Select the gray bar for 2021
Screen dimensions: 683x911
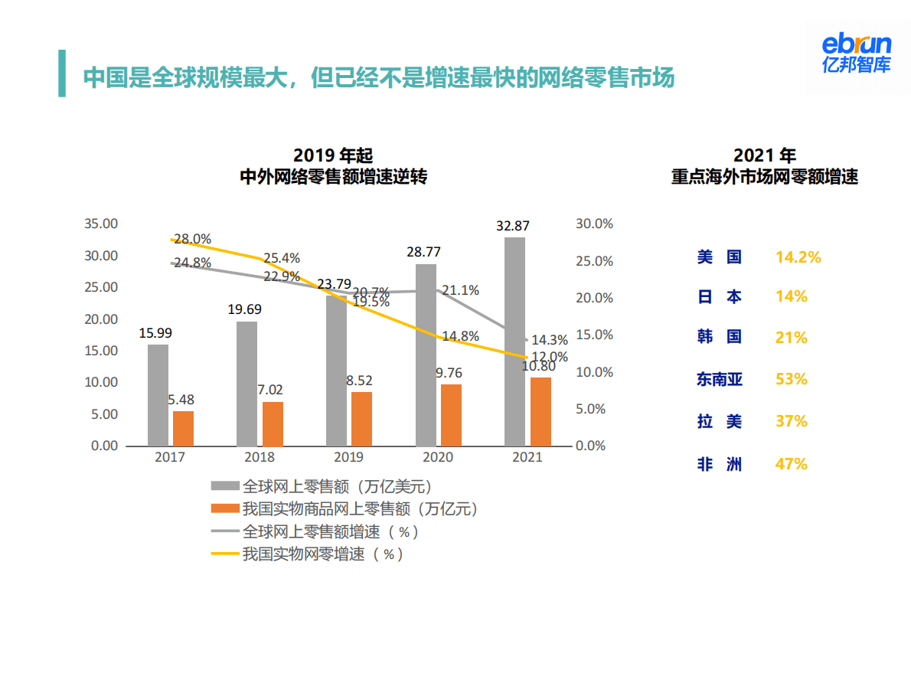[x=515, y=341]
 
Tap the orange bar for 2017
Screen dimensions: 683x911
[x=183, y=429]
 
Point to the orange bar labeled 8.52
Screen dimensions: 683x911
[x=361, y=419]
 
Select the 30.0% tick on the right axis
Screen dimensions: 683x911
[x=594, y=224]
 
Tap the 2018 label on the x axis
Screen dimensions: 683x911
[x=260, y=457]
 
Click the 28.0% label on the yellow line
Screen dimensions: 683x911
[x=192, y=239]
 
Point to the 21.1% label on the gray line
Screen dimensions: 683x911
[x=460, y=290]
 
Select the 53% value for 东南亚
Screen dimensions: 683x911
[x=792, y=379]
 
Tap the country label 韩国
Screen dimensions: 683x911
[x=719, y=338]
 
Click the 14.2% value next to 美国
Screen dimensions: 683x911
[x=798, y=257]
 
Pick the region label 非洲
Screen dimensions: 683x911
[x=719, y=463]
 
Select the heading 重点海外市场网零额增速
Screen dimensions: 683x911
[x=764, y=176]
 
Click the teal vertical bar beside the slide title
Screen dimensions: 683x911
[x=62, y=74]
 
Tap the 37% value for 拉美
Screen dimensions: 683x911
[x=792, y=421]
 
